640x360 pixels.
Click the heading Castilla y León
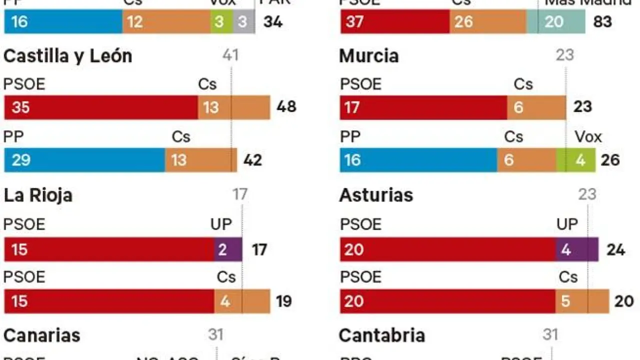(x=67, y=56)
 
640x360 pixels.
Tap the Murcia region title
(x=369, y=56)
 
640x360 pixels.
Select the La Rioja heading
(x=38, y=195)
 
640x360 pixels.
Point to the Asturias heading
(x=376, y=195)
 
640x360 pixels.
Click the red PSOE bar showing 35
(x=101, y=107)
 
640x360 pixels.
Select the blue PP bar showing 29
(x=84, y=160)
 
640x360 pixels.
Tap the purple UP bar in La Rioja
(x=228, y=249)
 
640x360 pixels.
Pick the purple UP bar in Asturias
(x=577, y=249)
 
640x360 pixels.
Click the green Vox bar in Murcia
(x=576, y=160)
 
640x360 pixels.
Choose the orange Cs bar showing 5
(x=582, y=301)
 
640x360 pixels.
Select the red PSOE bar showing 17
(x=423, y=107)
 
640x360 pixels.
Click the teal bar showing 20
(x=555, y=22)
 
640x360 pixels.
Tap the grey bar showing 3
(x=243, y=22)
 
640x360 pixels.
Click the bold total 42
(x=252, y=160)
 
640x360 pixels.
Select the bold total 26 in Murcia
(x=611, y=160)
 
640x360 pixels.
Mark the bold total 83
(x=602, y=22)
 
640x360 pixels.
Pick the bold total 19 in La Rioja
(x=283, y=301)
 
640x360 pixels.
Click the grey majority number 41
(x=230, y=54)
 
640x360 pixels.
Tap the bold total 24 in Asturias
(x=615, y=249)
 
